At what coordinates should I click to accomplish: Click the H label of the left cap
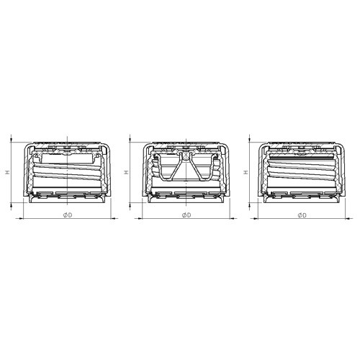[9, 172]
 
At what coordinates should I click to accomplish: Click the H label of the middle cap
[126, 172]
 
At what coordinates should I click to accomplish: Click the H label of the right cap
[246, 172]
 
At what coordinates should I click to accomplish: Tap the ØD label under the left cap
[68, 215]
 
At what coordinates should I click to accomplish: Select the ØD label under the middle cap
[186, 215]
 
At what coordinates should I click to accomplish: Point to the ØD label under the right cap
[302, 215]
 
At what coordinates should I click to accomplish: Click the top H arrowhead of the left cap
[11, 140]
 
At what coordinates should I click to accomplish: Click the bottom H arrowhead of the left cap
[11, 204]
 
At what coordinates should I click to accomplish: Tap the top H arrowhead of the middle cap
[130, 140]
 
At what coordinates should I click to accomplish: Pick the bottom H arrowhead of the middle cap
[130, 204]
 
